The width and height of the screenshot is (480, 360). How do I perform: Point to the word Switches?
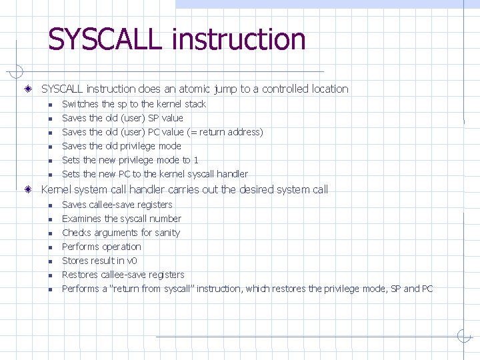(79, 104)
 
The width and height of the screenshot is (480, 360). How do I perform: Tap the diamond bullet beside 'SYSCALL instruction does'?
(27, 89)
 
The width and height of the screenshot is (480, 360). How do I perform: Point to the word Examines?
(81, 219)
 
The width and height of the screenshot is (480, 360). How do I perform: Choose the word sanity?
(167, 233)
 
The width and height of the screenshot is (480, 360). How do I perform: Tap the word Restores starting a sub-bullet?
(80, 275)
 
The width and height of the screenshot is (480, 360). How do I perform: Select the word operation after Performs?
(121, 247)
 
